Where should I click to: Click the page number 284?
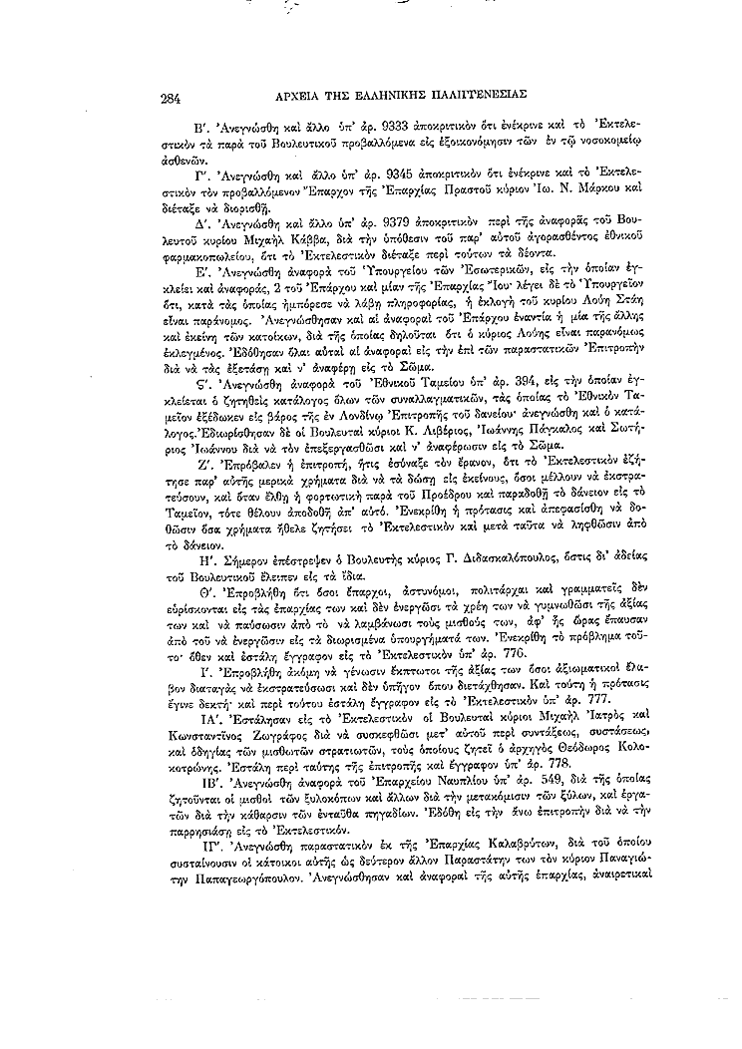(168, 98)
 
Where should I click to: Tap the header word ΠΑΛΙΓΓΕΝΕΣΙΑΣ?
(474, 98)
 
